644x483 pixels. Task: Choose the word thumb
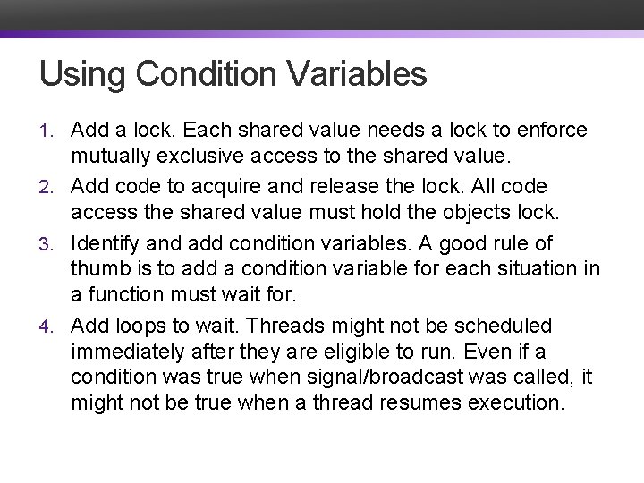[x=97, y=268]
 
